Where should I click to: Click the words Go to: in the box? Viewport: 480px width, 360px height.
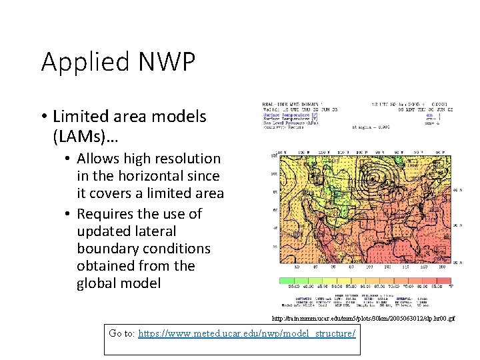coord(121,333)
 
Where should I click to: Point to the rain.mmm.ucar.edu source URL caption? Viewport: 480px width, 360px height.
coord(363,319)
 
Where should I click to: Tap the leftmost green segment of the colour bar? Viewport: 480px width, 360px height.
coord(289,281)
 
